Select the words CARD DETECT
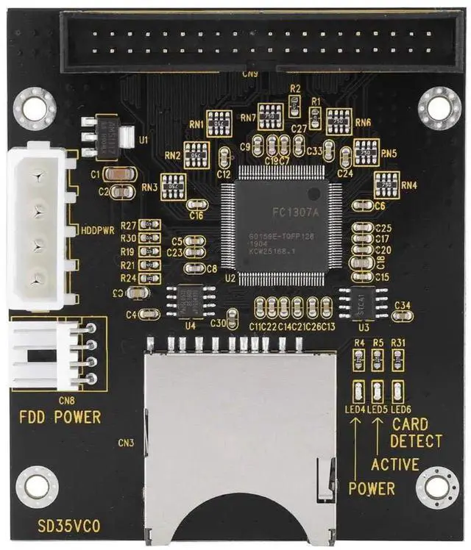417,433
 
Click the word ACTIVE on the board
395,465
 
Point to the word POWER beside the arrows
372,489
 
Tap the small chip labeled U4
190,300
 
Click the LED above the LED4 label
359,390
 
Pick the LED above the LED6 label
398,390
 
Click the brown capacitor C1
119,174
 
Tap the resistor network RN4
386,184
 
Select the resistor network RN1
219,123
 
